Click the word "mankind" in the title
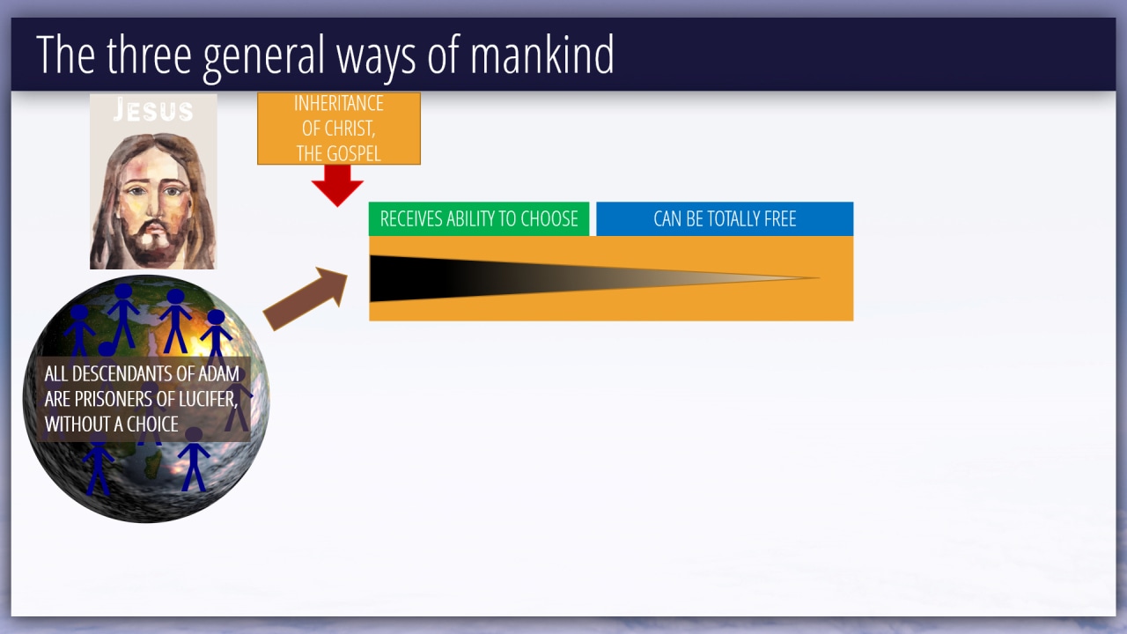pyautogui.click(x=541, y=55)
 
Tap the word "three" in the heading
pyautogui.click(x=149, y=55)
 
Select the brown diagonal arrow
pyautogui.click(x=306, y=299)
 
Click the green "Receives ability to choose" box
pyautogui.click(x=479, y=219)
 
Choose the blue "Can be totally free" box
pyautogui.click(x=725, y=219)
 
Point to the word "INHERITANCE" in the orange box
pyautogui.click(x=339, y=104)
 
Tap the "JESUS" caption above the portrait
pyautogui.click(x=153, y=110)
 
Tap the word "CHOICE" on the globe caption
pyautogui.click(x=152, y=424)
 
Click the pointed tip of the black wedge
pyautogui.click(x=819, y=277)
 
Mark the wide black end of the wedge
pyautogui.click(x=372, y=279)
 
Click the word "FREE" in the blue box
pyautogui.click(x=780, y=219)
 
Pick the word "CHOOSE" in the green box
pyautogui.click(x=549, y=219)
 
